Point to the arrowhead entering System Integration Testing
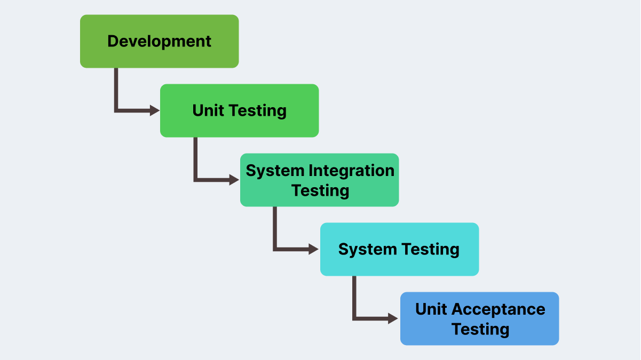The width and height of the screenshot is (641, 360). [x=235, y=180]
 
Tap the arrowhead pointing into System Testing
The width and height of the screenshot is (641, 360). [x=314, y=249]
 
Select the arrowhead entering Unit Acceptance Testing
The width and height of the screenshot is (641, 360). [x=394, y=318]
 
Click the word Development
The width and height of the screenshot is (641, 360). [x=159, y=41]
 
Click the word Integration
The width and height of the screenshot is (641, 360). [x=351, y=171]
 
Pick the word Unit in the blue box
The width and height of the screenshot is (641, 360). [x=430, y=309]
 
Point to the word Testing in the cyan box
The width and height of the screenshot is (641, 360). [x=430, y=250]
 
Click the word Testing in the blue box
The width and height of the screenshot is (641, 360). [x=480, y=329]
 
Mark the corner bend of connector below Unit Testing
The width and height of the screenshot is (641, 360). [x=195, y=180]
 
